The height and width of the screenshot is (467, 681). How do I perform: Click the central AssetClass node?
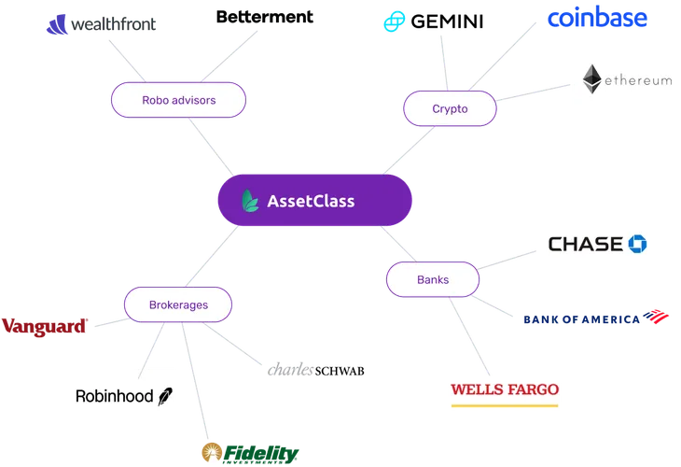click(314, 201)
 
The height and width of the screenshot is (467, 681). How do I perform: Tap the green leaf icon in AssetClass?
click(249, 201)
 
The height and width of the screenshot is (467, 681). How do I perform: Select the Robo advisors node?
click(178, 99)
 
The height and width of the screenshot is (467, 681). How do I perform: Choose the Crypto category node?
click(450, 108)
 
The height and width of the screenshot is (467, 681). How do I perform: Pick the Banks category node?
click(432, 279)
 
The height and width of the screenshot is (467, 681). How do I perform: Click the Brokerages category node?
click(178, 304)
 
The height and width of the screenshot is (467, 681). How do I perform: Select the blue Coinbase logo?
click(596, 19)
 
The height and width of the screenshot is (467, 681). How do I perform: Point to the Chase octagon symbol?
click(638, 244)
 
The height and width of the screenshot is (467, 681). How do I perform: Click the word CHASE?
click(585, 244)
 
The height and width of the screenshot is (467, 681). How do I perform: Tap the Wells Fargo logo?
click(504, 389)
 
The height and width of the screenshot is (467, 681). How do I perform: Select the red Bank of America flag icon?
click(660, 317)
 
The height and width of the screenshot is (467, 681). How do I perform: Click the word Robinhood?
click(115, 396)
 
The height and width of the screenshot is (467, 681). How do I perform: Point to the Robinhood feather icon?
click(166, 396)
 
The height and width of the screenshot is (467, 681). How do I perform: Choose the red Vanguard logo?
click(45, 326)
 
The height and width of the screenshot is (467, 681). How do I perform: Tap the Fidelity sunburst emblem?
click(212, 453)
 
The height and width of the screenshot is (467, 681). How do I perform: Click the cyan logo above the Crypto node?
click(391, 21)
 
